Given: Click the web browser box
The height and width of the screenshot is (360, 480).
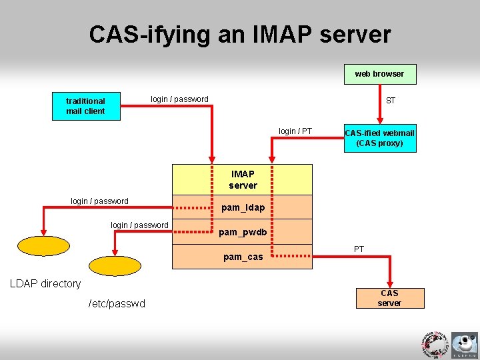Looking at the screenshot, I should (379, 74).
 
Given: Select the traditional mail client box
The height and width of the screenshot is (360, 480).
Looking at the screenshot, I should (85, 106).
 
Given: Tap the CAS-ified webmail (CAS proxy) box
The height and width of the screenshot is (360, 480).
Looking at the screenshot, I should (379, 138).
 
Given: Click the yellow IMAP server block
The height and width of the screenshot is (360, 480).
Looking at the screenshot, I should (243, 179).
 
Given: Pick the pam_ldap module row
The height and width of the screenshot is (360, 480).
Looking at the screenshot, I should (243, 207).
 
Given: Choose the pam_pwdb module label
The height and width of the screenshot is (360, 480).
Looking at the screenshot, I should (243, 232).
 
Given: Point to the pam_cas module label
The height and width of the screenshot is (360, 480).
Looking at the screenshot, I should (243, 257).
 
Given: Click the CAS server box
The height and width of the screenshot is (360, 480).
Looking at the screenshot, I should (389, 298).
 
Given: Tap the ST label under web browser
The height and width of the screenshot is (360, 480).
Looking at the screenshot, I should (391, 101).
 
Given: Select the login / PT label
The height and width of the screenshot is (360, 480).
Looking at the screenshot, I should (295, 131).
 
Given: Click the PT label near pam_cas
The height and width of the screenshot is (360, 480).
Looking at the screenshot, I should (359, 249).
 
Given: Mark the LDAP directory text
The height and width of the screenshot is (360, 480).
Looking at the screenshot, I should (45, 283).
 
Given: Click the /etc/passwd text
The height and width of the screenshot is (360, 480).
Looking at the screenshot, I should (117, 304).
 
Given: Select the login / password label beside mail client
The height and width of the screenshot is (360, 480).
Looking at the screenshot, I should (179, 99).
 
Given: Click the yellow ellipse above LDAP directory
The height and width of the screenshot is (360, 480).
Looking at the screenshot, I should (43, 246).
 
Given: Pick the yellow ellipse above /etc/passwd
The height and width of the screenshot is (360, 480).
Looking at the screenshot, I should (115, 266).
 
